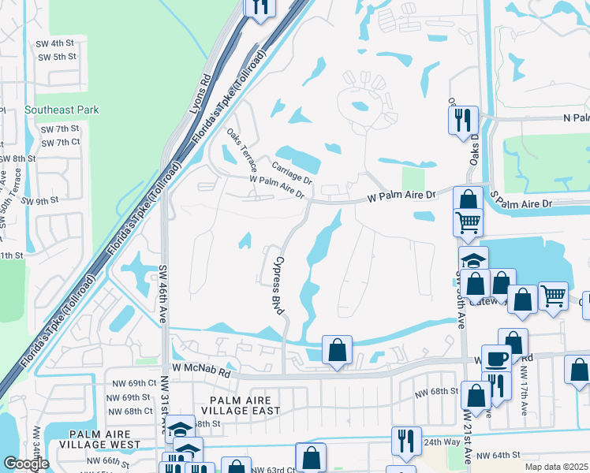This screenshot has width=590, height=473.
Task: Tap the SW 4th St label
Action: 57,42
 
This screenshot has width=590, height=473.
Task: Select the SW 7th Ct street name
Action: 60,142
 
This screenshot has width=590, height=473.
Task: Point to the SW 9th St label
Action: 40,201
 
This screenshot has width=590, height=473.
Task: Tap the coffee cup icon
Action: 496,357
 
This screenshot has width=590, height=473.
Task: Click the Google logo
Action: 26,464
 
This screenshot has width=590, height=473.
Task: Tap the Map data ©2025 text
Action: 557,467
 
